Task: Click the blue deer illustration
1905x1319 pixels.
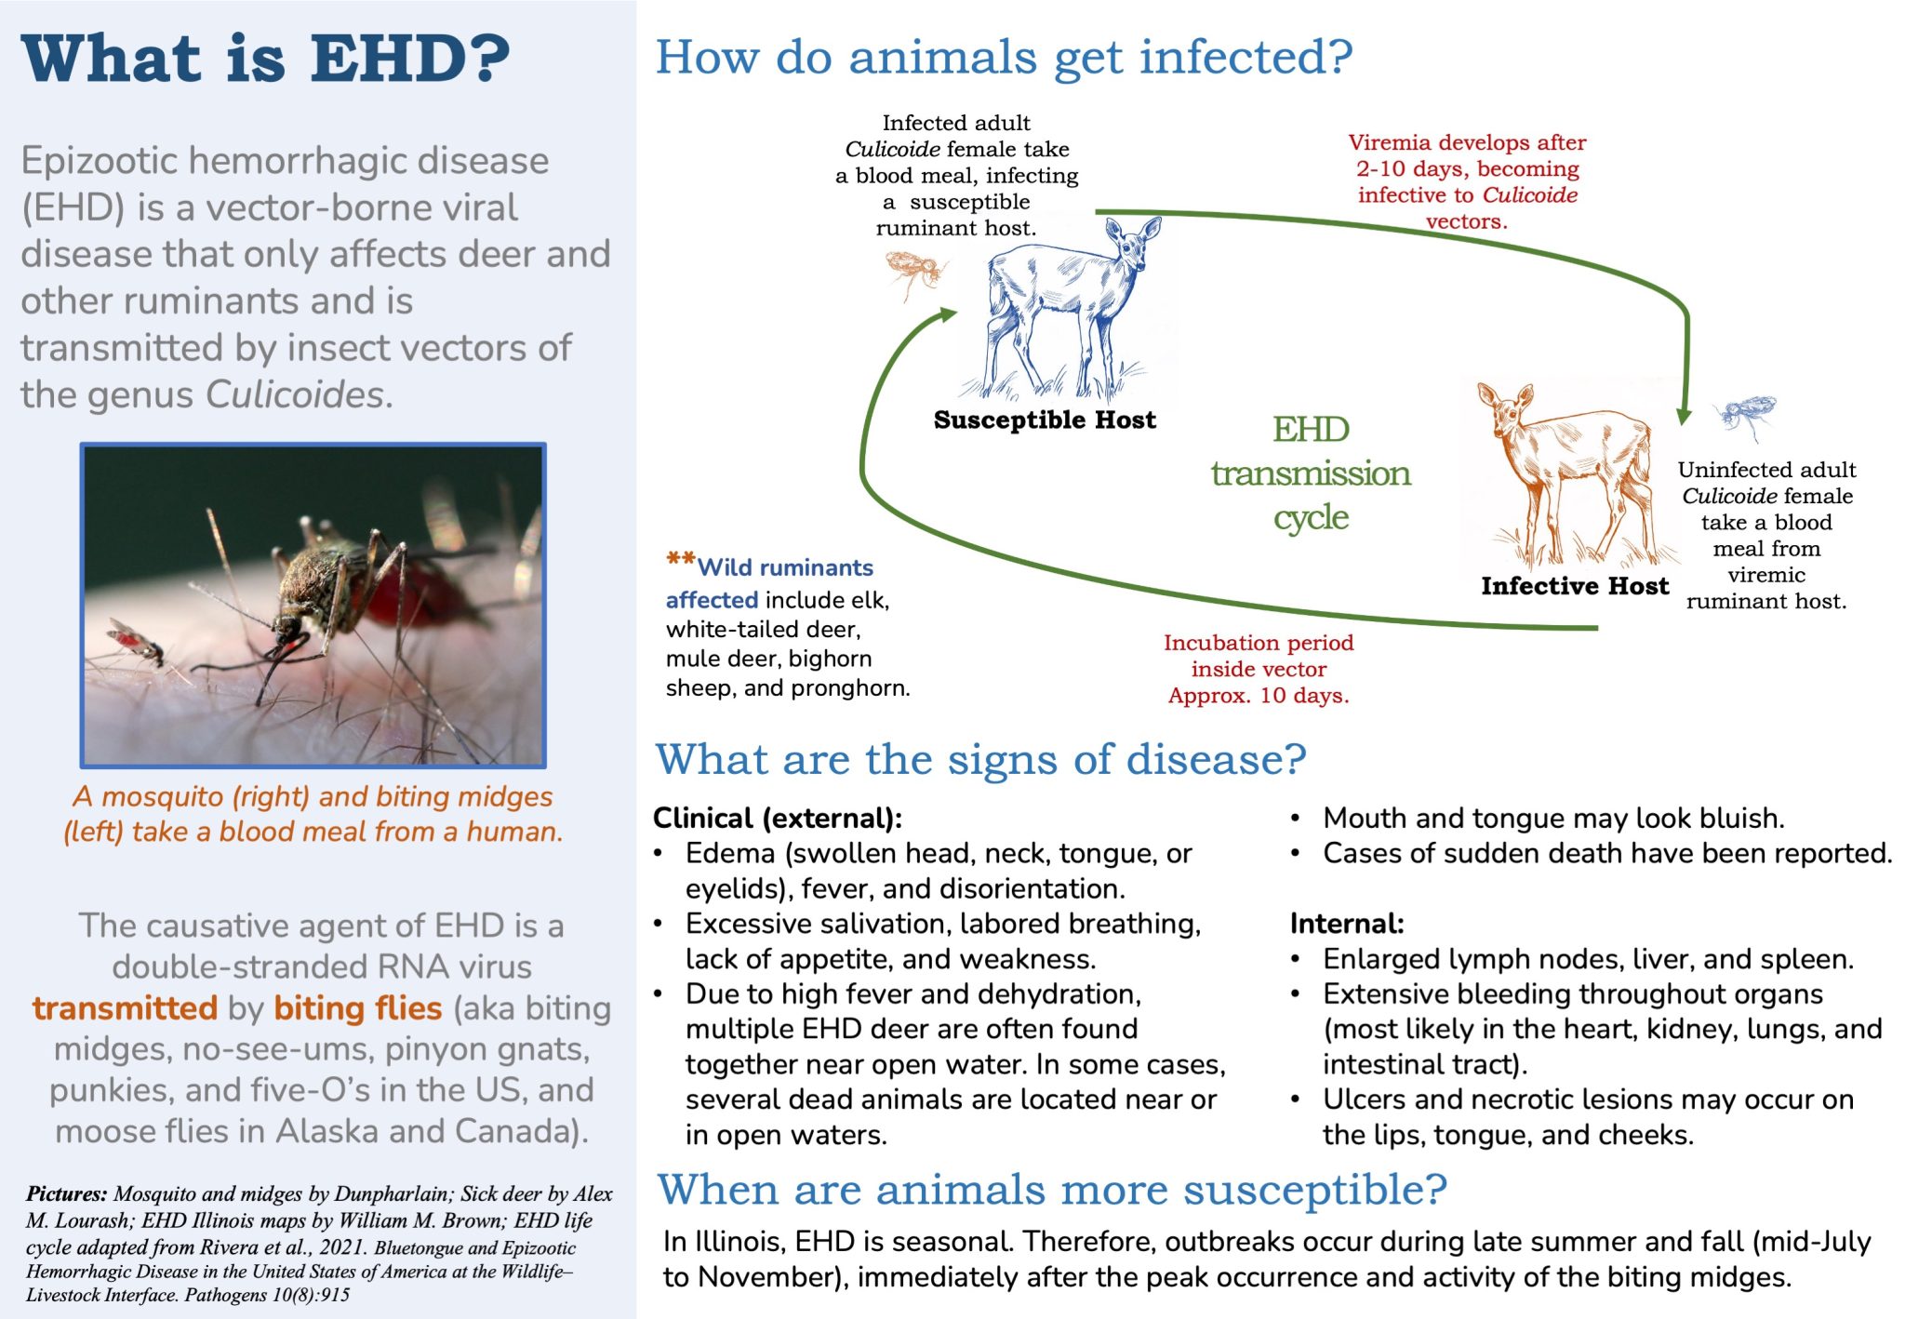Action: coord(1070,307)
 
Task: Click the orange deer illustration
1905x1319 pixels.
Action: coord(1572,474)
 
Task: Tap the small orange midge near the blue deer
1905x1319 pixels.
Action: coord(914,273)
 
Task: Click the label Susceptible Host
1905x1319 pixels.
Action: coord(1045,420)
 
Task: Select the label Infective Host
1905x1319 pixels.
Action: coord(1575,586)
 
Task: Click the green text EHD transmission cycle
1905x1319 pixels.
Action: coord(1310,473)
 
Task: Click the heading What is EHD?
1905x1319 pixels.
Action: coord(266,59)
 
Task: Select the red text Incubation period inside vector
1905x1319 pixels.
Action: coord(1258,656)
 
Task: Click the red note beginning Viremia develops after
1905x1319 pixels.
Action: coord(1467,181)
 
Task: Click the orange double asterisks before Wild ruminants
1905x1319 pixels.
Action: coord(680,561)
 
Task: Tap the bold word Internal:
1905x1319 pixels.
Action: coord(1346,924)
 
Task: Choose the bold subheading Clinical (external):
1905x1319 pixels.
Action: coord(777,818)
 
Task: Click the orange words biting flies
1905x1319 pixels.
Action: coord(357,1008)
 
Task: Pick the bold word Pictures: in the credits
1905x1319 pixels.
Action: coord(67,1194)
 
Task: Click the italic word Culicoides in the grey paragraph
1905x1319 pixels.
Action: coord(294,394)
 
